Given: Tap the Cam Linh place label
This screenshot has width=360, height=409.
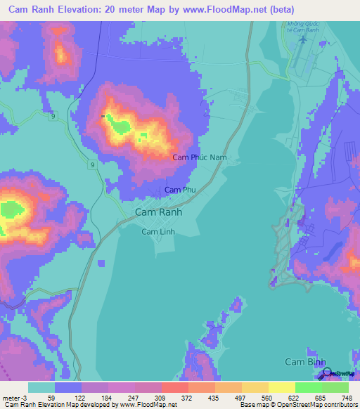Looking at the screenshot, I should pyautogui.click(x=158, y=231).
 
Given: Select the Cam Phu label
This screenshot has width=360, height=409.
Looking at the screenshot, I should pyautogui.click(x=179, y=190).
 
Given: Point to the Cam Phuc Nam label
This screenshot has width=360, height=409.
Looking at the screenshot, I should pyautogui.click(x=199, y=157).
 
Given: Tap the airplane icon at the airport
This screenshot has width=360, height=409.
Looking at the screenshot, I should pyautogui.click(x=302, y=39).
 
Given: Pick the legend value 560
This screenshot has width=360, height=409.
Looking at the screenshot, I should pyautogui.click(x=281, y=397).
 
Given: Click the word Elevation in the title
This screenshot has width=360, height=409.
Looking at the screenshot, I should pyautogui.click(x=77, y=10).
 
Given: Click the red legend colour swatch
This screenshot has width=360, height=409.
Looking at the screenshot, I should pyautogui.click(x=174, y=387).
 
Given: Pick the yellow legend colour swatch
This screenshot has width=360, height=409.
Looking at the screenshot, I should pyautogui.click(x=281, y=387).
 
